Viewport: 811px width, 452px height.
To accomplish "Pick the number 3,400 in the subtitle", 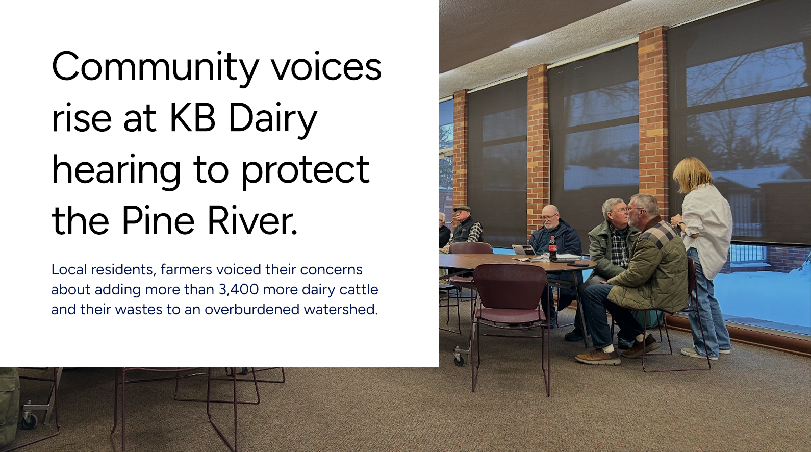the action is (239, 290).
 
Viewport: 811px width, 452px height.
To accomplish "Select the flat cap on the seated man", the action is (462, 209).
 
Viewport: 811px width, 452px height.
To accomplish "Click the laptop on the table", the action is (523, 250).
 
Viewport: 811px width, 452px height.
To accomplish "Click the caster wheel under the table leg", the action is (459, 359).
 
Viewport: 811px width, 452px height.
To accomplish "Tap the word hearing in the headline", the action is (116, 172).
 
